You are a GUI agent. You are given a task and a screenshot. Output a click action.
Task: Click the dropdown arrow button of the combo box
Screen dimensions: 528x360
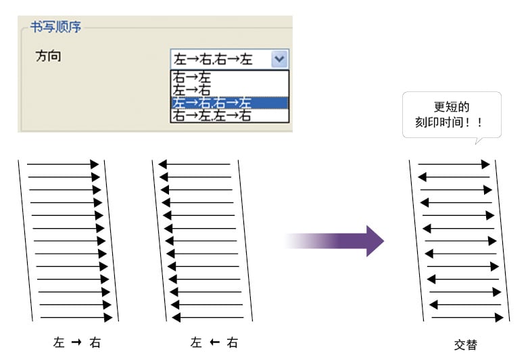point(279,59)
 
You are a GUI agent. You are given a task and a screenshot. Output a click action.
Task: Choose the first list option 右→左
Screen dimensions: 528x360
point(192,78)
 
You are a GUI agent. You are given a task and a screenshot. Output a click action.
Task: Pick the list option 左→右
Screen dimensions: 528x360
point(192,90)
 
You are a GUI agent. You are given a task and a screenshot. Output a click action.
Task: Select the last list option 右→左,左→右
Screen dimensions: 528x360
point(212,116)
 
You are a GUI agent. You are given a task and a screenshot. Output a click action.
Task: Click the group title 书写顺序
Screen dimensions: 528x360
point(56,27)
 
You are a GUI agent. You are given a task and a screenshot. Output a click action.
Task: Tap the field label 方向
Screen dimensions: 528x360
point(49,56)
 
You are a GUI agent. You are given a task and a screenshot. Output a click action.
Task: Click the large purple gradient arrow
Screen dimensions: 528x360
point(334,241)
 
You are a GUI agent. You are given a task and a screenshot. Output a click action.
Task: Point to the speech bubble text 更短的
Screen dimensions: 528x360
point(452,107)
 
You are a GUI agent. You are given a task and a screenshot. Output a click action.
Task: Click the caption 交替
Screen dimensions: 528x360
point(466,345)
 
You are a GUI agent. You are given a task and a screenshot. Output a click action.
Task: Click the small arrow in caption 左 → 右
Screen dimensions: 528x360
point(77,342)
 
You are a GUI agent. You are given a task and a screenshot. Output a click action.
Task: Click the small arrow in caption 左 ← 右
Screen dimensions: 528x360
point(214,342)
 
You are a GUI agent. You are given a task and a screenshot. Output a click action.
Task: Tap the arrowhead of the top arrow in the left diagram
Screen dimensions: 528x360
point(94,164)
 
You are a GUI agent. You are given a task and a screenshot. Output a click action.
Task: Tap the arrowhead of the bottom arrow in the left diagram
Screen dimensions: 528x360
point(108,317)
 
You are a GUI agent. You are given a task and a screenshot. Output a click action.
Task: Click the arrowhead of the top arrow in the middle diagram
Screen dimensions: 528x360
point(163,164)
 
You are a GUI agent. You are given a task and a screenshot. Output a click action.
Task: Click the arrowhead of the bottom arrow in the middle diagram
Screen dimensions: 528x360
point(176,317)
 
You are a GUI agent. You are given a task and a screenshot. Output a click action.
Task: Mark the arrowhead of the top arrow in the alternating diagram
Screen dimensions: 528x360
point(485,164)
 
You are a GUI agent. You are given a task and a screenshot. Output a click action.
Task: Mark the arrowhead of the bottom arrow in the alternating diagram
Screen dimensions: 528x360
point(499,317)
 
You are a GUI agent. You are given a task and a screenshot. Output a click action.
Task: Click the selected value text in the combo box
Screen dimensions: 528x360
point(213,60)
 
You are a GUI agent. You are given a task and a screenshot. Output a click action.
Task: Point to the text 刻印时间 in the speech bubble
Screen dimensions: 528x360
point(439,122)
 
